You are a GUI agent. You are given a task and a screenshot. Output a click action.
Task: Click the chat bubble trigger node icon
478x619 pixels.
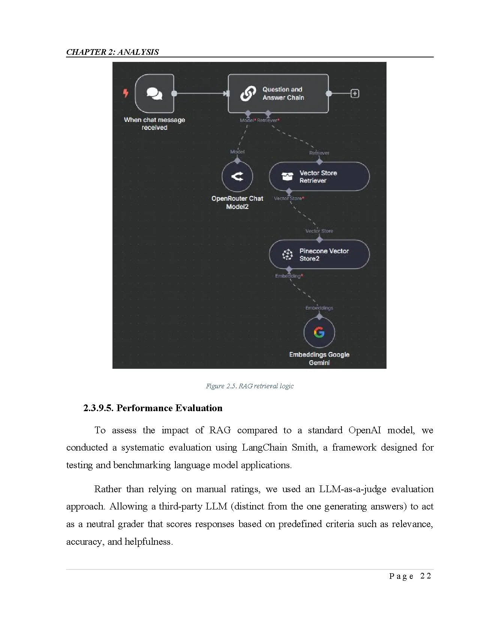tap(154, 93)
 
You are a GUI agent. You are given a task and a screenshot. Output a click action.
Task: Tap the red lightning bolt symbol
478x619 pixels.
tap(126, 93)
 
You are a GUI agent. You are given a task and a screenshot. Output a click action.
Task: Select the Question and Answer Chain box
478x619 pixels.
tap(278, 93)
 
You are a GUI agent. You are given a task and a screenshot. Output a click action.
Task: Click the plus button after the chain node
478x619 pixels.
tap(355, 93)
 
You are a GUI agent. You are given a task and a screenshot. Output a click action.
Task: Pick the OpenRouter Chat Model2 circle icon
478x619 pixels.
tap(237, 176)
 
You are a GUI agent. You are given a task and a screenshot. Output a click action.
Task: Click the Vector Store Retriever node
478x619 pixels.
tap(319, 177)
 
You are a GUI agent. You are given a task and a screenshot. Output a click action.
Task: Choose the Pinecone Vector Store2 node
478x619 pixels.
tap(319, 254)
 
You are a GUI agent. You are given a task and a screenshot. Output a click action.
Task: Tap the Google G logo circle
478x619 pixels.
tap(319, 332)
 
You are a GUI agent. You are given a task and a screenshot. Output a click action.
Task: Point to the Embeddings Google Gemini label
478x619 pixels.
tap(319, 358)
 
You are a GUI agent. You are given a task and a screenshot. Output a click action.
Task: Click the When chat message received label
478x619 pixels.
tap(154, 123)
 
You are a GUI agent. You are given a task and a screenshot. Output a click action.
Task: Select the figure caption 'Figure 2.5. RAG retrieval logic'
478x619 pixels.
tap(250, 386)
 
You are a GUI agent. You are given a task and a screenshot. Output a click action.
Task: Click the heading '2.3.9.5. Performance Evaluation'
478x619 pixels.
tap(153, 408)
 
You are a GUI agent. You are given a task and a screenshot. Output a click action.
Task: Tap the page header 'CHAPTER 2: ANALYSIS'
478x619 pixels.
tap(112, 52)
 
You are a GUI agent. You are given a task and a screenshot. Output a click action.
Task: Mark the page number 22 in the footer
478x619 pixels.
tap(426, 576)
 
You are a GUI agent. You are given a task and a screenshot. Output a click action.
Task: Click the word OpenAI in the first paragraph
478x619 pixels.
tap(364, 430)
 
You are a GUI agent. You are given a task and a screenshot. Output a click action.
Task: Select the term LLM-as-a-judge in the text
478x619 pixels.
tap(352, 489)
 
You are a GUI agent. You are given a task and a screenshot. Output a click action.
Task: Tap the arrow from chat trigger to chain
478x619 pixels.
tap(201, 93)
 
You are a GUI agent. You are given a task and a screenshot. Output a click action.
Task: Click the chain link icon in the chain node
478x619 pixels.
tap(248, 93)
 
